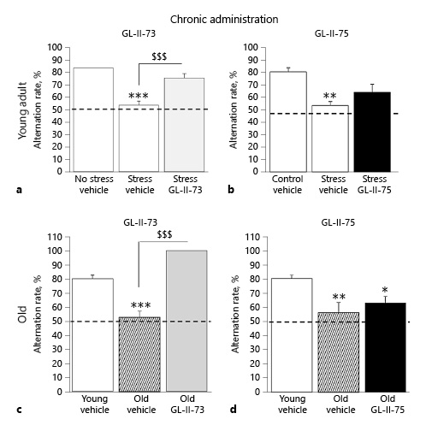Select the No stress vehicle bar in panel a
93,119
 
